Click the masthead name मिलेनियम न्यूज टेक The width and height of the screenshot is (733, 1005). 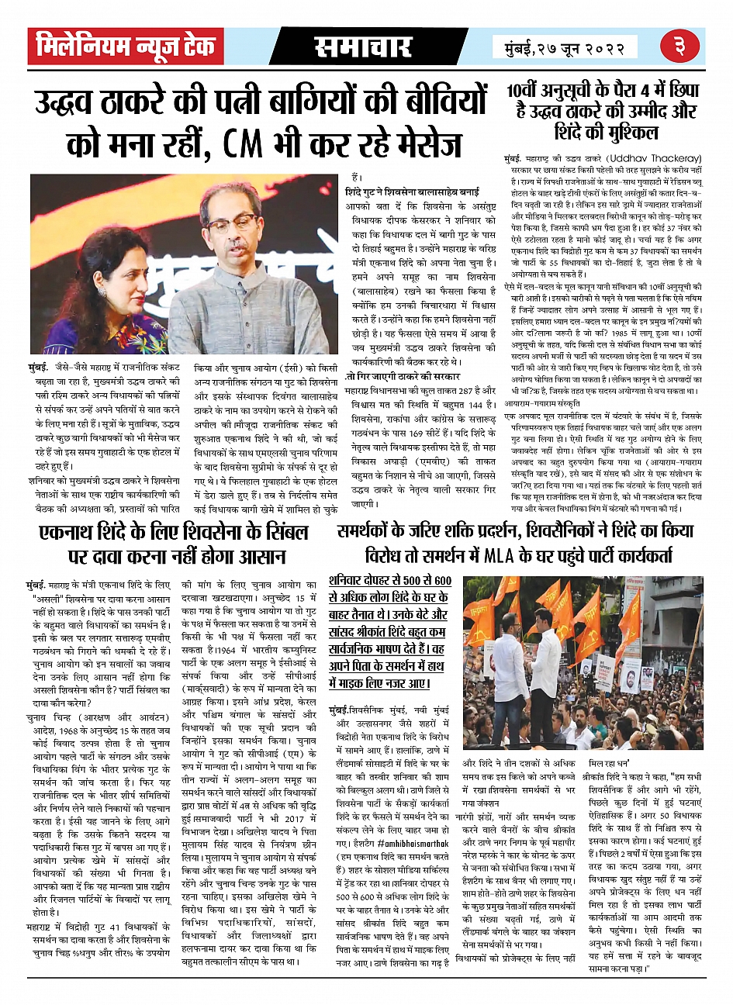pos(124,47)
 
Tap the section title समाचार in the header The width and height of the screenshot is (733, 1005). pos(362,47)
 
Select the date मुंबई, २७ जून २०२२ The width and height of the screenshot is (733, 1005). pos(563,49)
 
